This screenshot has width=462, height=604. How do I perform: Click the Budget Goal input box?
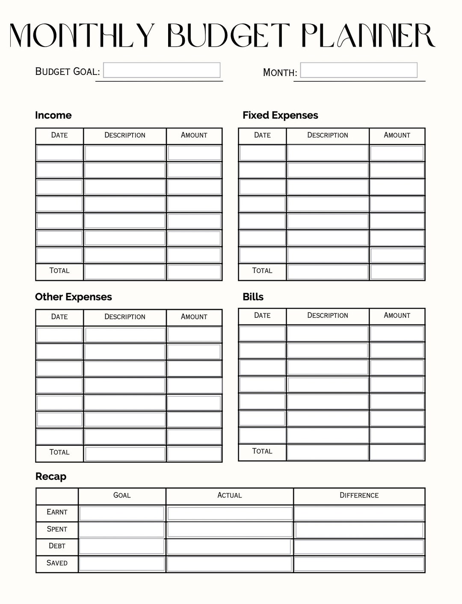[162, 70]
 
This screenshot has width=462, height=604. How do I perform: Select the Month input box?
[358, 70]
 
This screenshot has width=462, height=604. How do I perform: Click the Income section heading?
[53, 115]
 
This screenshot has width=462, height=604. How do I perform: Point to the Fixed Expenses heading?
[280, 115]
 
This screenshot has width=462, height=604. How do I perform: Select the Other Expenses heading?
[73, 297]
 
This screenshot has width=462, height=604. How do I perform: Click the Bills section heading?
[253, 297]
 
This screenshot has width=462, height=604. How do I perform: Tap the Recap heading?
[50, 476]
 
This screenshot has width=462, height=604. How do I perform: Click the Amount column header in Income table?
[194, 135]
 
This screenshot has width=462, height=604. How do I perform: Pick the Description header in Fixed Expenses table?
[328, 135]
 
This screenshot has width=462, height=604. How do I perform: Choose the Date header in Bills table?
[262, 315]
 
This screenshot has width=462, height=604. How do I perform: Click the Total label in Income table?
[59, 271]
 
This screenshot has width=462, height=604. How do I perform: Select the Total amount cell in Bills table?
[397, 452]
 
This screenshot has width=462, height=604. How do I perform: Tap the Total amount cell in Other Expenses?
[194, 453]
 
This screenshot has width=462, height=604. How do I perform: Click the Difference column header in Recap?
[359, 495]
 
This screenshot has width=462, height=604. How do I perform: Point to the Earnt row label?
[57, 512]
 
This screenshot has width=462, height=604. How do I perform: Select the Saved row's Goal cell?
[122, 564]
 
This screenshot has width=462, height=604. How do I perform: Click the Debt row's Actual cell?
[229, 547]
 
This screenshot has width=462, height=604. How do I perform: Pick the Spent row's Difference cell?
[359, 530]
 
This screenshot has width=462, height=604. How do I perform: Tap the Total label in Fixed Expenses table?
[262, 271]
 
